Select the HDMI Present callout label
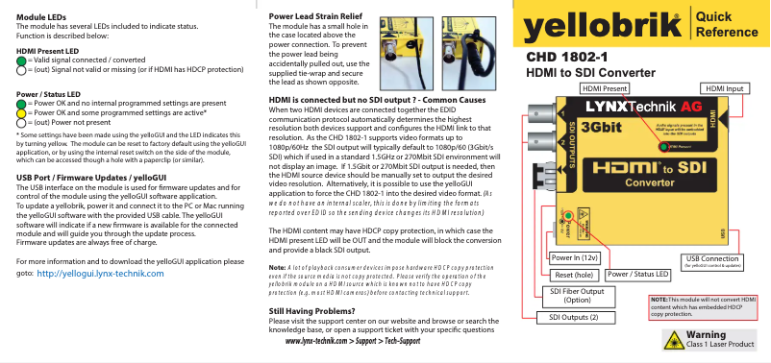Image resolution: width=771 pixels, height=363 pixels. (604, 88)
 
